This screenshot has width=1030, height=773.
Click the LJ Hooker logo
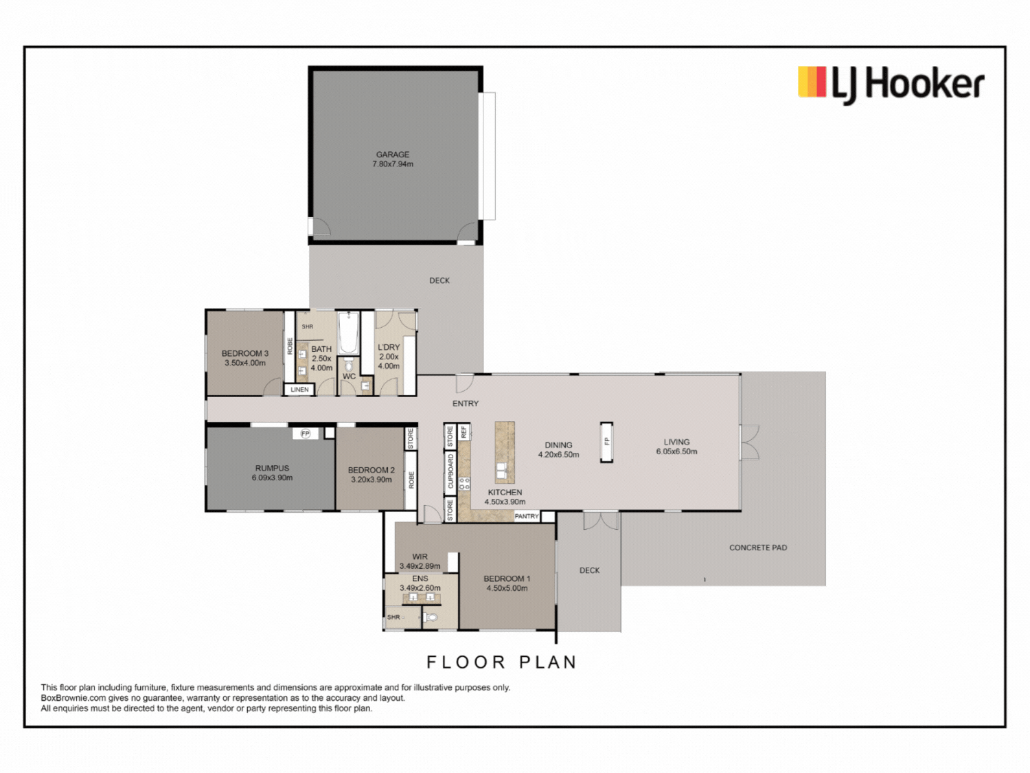pyautogui.click(x=891, y=85)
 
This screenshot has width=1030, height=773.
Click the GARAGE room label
pyautogui.click(x=393, y=155)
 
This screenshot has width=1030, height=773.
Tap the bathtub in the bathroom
pyautogui.click(x=348, y=333)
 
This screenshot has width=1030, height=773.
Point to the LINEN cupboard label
pyautogui.click(x=299, y=390)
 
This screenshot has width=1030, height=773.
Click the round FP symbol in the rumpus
pyautogui.click(x=306, y=433)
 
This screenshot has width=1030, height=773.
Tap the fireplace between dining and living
pyautogui.click(x=607, y=442)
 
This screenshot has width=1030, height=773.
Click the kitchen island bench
pyautogui.click(x=505, y=452)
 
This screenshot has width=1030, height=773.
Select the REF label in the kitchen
pyautogui.click(x=464, y=432)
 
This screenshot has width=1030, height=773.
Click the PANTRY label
pyautogui.click(x=527, y=516)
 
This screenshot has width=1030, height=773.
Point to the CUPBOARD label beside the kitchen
pyautogui.click(x=450, y=471)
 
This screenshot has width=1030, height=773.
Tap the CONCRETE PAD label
pyautogui.click(x=758, y=547)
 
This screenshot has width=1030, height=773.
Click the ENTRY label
pyautogui.click(x=466, y=403)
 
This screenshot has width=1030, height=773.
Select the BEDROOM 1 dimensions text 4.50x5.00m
pyautogui.click(x=507, y=588)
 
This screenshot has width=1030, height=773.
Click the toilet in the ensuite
pyautogui.click(x=431, y=617)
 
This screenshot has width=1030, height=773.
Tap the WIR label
pyautogui.click(x=420, y=557)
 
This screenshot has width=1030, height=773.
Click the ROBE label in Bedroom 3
pyautogui.click(x=290, y=346)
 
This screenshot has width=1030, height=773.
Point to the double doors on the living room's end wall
pyautogui.click(x=749, y=442)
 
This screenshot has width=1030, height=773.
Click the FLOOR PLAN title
pyautogui.click(x=502, y=662)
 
